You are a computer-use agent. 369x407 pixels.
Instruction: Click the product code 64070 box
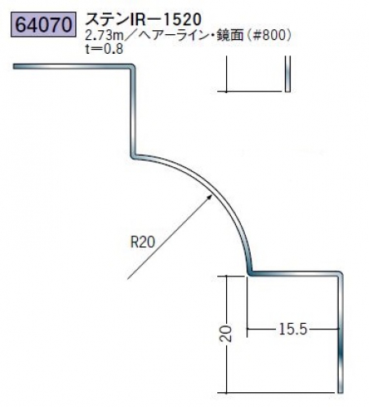click(43, 24)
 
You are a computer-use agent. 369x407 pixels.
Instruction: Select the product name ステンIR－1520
click(144, 20)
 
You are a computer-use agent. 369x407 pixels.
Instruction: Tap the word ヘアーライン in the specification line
click(171, 35)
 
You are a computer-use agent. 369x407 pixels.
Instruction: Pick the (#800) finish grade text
click(269, 35)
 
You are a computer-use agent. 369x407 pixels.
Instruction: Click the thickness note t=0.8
click(104, 49)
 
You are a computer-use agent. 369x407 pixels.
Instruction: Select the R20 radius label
click(143, 241)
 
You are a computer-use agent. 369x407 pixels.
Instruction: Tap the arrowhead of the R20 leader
click(210, 197)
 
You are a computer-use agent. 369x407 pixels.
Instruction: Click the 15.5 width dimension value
click(293, 329)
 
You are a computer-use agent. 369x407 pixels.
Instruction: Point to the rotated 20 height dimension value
click(226, 334)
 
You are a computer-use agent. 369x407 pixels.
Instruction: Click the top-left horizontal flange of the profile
click(72, 66)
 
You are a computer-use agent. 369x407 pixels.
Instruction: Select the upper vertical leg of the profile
click(133, 112)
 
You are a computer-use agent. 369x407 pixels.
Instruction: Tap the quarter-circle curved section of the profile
click(210, 190)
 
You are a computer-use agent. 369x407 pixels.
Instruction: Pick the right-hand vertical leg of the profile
click(340, 333)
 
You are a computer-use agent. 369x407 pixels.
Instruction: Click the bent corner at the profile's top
click(133, 67)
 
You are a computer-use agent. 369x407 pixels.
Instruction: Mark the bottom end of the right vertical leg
click(340, 392)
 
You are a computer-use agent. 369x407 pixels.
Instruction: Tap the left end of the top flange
click(14, 66)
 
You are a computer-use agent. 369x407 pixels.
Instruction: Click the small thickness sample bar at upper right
click(287, 74)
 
